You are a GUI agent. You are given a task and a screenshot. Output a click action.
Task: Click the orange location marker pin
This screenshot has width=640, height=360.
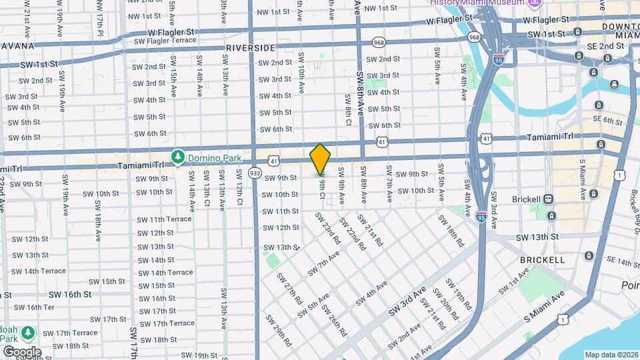tap(321, 159)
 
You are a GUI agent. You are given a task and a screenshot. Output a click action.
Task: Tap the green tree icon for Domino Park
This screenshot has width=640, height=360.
tap(177, 157)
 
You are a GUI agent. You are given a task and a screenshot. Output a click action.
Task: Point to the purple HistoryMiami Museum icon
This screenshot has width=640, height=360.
tap(534, 3)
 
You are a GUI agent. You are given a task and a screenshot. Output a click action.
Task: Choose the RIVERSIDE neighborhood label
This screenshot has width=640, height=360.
tap(251, 48)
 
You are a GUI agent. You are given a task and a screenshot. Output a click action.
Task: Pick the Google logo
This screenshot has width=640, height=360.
tap(21, 352)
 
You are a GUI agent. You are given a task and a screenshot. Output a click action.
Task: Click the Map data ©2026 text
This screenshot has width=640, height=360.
tap(611, 355)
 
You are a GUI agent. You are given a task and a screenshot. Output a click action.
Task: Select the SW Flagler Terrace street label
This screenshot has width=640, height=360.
tap(165, 40)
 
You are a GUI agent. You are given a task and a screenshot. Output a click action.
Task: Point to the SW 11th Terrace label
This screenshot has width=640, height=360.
tap(165, 219)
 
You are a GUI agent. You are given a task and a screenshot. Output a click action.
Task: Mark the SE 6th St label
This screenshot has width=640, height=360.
tap(607, 120)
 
